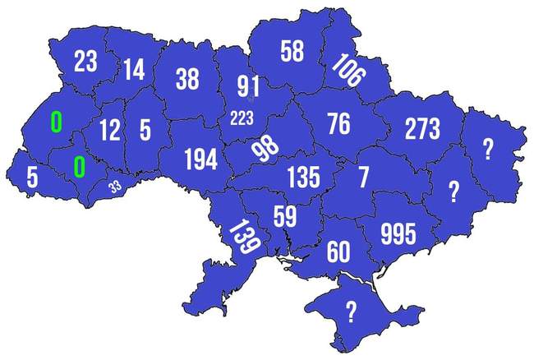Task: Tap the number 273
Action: (x=421, y=128)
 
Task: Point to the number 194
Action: (x=200, y=159)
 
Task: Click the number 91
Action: (x=249, y=86)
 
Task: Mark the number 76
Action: (x=338, y=124)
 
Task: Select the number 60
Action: (x=338, y=251)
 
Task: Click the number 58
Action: (x=292, y=51)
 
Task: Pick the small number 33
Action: (x=115, y=187)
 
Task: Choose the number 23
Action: (x=85, y=62)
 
